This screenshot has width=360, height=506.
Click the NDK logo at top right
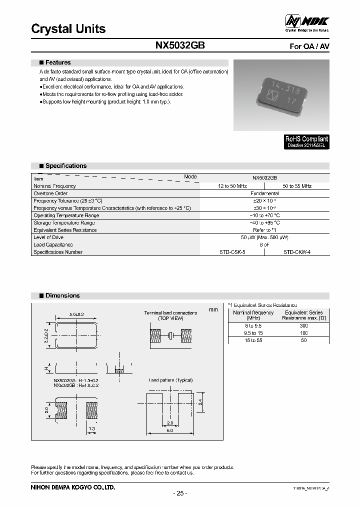(x=307, y=22)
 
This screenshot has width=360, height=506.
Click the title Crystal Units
(x=68, y=29)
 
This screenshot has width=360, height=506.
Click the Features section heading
(x=57, y=62)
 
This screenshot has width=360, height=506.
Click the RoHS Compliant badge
(x=306, y=141)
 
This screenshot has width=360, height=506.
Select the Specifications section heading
(x=65, y=165)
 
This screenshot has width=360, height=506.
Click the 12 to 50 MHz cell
(x=232, y=186)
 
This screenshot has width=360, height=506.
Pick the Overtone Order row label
(x=50, y=193)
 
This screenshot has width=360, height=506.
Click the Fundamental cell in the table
(x=264, y=193)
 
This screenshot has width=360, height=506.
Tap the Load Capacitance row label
(x=53, y=245)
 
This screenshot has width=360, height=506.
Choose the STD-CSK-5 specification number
(x=232, y=252)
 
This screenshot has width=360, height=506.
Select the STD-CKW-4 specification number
(x=297, y=252)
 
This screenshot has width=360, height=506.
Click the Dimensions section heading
(x=62, y=295)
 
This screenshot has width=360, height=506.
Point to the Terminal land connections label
(x=170, y=313)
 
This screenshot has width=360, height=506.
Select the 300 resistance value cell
(x=304, y=325)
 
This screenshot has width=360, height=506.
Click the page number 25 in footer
(x=180, y=493)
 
